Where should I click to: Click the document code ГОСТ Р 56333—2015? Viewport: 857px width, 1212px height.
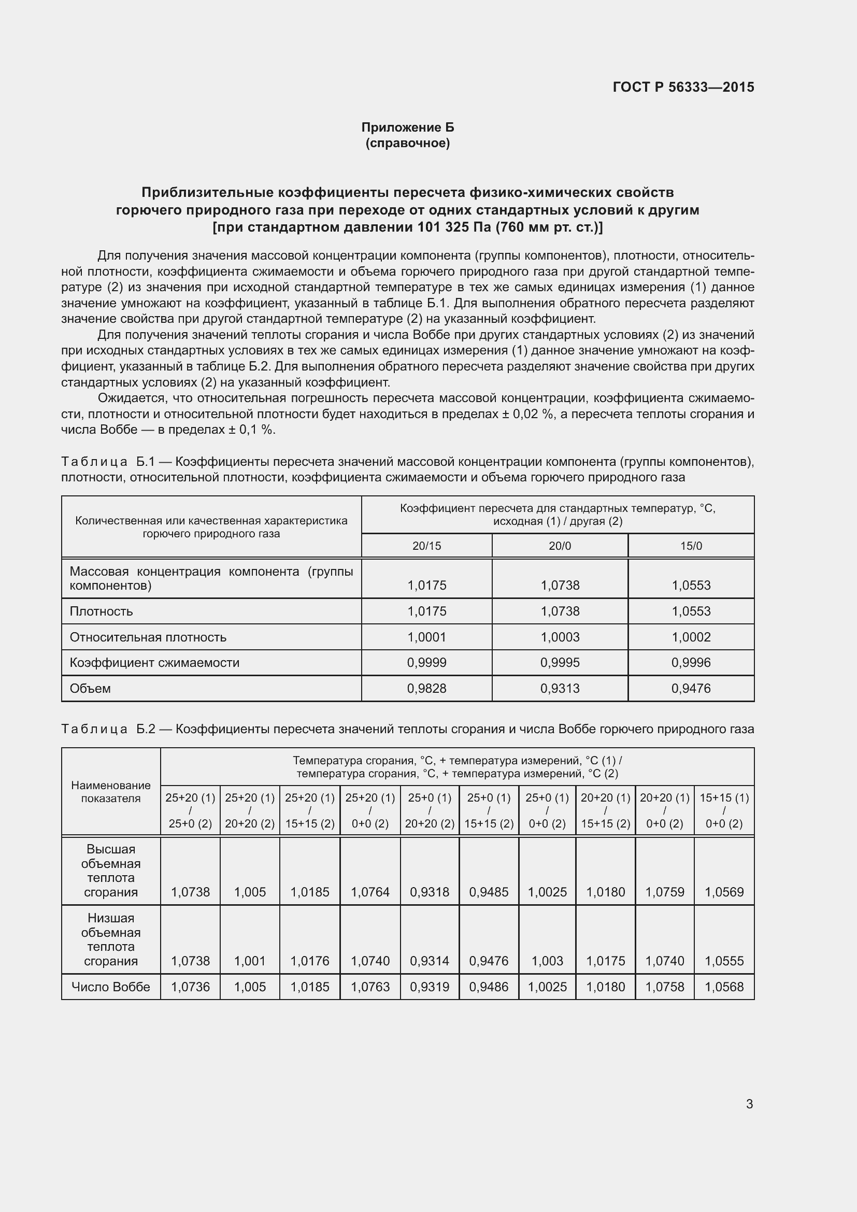tap(683, 87)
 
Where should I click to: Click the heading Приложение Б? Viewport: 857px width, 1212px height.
tap(407, 127)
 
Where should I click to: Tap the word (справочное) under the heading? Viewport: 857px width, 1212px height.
tap(407, 143)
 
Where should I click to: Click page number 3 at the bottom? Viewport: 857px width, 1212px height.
tap(749, 1104)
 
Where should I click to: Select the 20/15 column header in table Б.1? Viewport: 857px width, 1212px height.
tap(426, 546)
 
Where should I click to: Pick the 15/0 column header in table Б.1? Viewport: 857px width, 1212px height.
tap(691, 546)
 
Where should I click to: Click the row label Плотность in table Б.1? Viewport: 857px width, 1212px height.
tap(102, 611)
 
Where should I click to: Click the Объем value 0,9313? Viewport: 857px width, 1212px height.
tap(560, 688)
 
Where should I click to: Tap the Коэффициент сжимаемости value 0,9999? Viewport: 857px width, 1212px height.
tap(426, 663)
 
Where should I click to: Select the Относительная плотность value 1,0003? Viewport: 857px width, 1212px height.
tap(560, 637)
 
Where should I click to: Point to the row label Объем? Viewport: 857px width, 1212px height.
tap(90, 688)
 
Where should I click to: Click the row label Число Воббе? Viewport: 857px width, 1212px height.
tap(111, 987)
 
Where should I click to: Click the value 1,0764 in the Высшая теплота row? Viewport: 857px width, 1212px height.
tap(370, 892)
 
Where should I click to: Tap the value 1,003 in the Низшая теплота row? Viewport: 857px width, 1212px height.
tap(547, 961)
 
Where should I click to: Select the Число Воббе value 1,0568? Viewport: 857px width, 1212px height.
tap(724, 987)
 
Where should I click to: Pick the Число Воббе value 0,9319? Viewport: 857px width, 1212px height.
tap(430, 987)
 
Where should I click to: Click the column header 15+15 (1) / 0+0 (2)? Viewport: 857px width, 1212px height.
tap(724, 811)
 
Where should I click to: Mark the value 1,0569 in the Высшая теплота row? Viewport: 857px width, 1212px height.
tap(724, 892)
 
